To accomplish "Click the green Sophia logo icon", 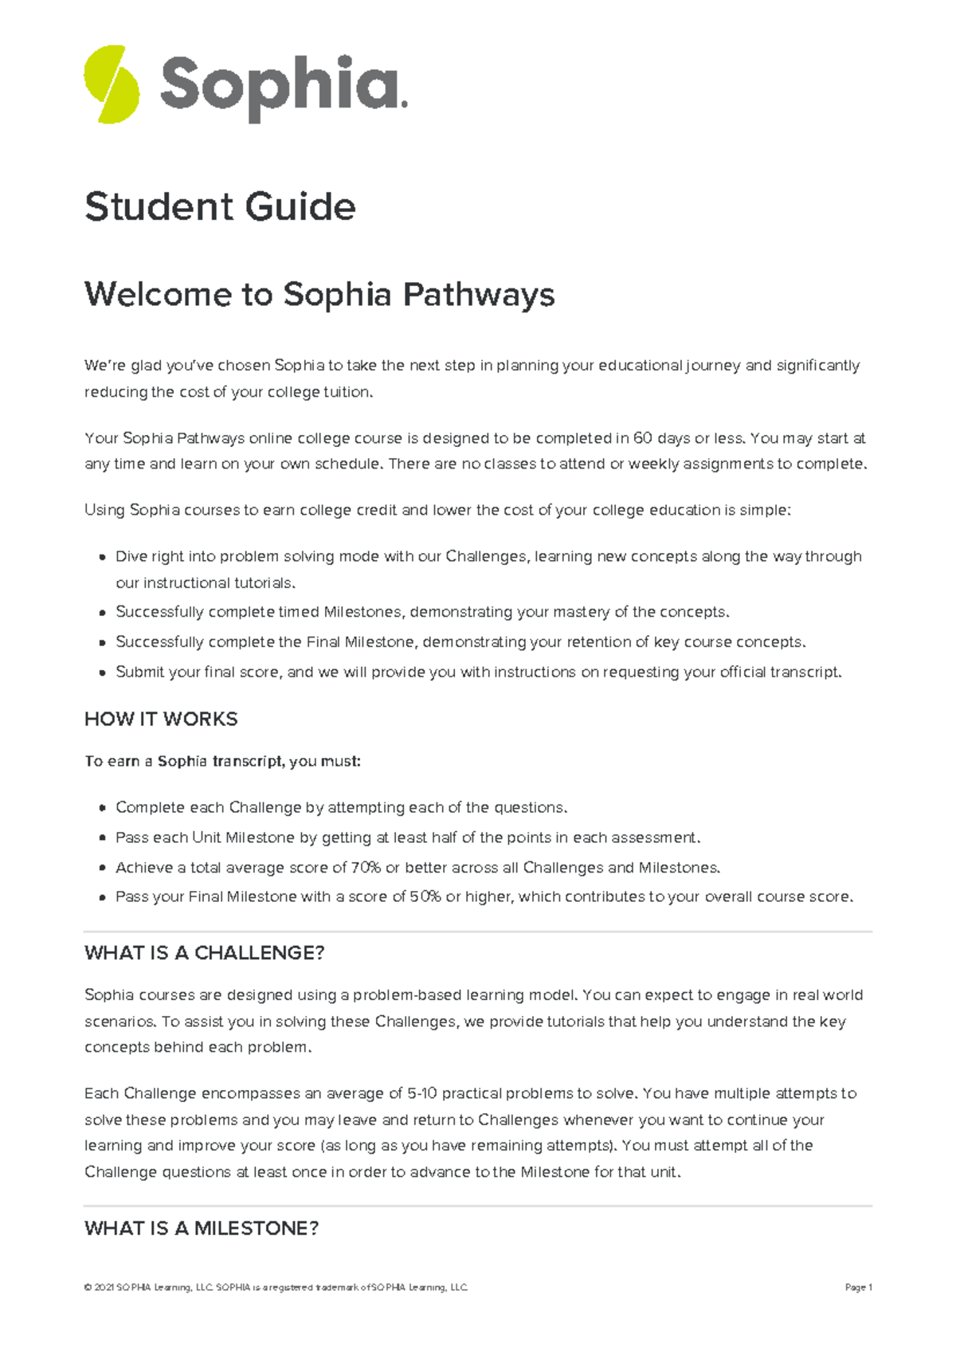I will coord(112,84).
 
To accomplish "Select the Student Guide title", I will coord(220,207).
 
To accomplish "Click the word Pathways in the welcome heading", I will coord(478,295).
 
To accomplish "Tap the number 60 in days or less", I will coord(642,438).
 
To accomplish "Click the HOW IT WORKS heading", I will coord(161,719).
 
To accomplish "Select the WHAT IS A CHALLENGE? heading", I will coord(204,953).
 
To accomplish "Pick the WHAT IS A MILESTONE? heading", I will coord(202,1229).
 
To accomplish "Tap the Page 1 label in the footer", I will coord(859,1288).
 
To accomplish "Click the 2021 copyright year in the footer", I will coord(104,1288).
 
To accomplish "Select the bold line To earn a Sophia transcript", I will coord(222,761).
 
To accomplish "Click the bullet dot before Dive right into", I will coord(102,558).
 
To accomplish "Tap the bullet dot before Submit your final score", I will coord(102,673).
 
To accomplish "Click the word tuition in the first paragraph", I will coord(347,392).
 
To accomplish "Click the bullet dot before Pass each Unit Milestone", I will coord(102,838).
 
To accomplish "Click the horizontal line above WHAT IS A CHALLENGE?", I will coord(478,931).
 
